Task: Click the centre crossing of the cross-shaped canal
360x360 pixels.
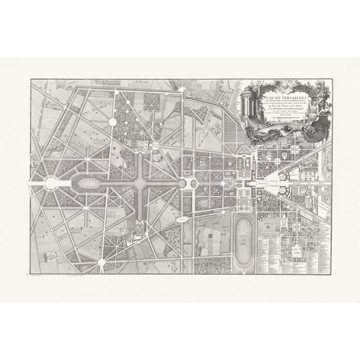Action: (x=141, y=183)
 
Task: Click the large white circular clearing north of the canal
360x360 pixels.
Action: (x=113, y=122)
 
